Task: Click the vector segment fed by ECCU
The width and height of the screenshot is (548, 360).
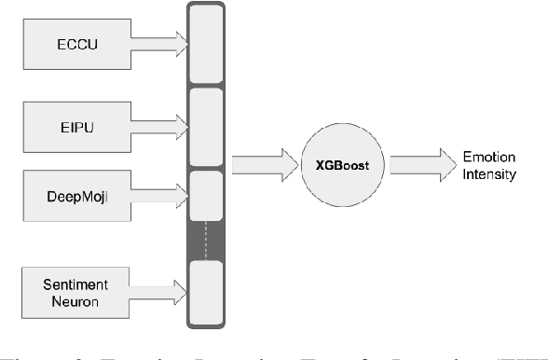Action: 205,43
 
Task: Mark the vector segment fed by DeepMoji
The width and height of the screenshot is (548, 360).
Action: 205,195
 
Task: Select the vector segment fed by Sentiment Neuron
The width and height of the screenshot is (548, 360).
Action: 205,290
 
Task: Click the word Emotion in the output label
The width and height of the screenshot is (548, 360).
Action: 489,157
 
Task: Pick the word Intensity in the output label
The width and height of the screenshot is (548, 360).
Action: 489,173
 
